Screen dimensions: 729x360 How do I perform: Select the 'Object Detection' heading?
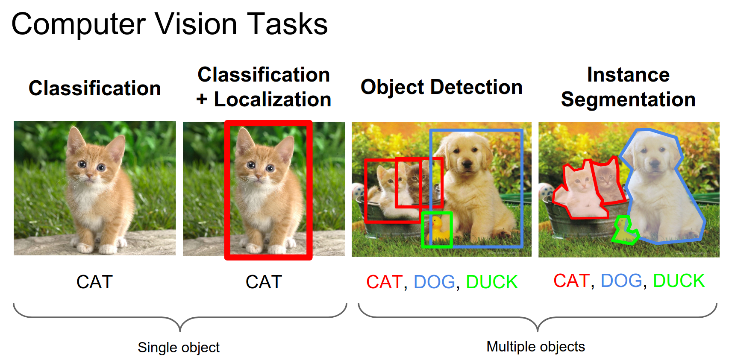442,87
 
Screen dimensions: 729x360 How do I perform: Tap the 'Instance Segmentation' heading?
628,87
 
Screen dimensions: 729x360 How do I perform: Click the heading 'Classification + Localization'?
264,87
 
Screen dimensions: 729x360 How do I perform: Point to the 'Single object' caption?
178,347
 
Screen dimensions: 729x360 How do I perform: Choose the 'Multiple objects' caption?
536,347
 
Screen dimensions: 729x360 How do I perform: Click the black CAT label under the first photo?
94,281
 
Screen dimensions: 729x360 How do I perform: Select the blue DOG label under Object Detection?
434,281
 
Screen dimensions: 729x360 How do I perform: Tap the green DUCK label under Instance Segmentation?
679,280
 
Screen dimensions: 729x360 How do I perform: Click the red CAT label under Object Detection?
384,281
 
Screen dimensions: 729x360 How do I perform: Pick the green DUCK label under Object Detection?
492,281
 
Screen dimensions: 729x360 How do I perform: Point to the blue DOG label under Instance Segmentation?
621,280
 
